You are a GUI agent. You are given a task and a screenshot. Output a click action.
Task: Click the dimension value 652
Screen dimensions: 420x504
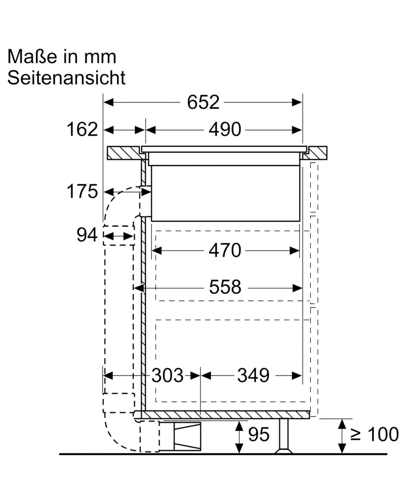pyautogui.click(x=203, y=102)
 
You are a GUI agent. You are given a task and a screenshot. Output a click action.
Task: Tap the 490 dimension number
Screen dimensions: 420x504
pyautogui.click(x=225, y=130)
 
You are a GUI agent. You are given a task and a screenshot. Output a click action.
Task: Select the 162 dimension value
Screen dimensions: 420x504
pyautogui.click(x=82, y=130)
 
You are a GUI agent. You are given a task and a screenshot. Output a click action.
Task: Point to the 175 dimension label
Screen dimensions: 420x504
pyautogui.click(x=82, y=192)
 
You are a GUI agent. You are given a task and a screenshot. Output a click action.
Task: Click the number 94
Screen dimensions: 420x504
pyautogui.click(x=87, y=235)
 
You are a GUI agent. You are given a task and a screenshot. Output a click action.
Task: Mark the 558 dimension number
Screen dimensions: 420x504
pyautogui.click(x=225, y=287)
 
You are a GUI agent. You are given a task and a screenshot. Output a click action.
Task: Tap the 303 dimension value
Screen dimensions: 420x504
pyautogui.click(x=168, y=375)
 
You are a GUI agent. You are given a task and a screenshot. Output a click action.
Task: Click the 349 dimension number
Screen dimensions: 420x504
pyautogui.click(x=253, y=375)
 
